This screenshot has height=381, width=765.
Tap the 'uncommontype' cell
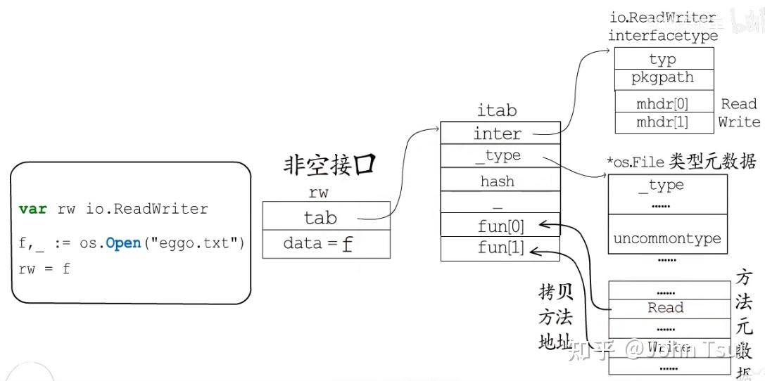[x=666, y=238]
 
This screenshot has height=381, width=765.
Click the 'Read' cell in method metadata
[x=666, y=308]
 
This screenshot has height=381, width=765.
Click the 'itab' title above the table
[x=498, y=110]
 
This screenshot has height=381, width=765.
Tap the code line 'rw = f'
[x=44, y=269]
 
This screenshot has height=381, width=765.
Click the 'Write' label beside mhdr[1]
[x=738, y=122]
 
